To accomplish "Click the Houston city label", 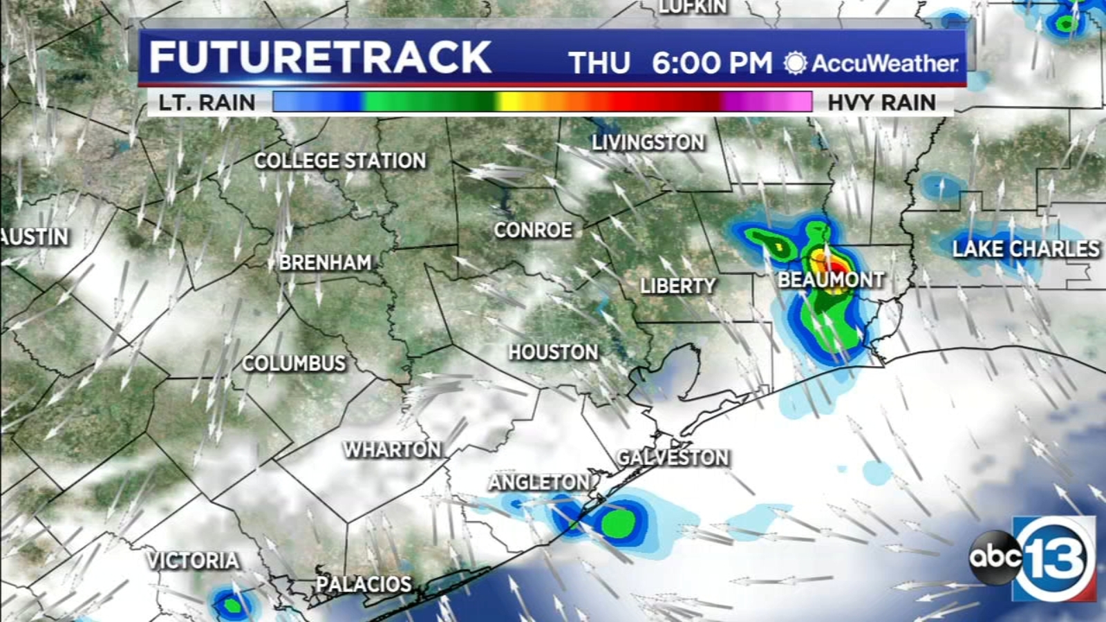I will tap(553, 352).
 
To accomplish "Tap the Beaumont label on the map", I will tap(831, 280).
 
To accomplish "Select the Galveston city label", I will tap(673, 458).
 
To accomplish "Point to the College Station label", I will tap(340, 161).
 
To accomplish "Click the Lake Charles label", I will tap(1026, 249).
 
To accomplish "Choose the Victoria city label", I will tap(193, 560).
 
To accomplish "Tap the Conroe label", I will tap(533, 230).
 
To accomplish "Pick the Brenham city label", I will tap(325, 263).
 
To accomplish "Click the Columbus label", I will tap(294, 364).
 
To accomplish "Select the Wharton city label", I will tap(393, 450).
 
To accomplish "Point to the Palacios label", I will tap(364, 584).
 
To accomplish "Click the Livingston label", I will tap(648, 143).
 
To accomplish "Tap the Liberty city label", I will tap(677, 286).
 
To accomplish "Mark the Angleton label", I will tap(540, 482).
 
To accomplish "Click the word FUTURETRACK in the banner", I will tap(320, 57).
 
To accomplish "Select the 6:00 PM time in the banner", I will tap(711, 64).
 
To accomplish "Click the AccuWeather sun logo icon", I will tap(795, 64).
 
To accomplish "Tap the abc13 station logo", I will tap(1033, 557).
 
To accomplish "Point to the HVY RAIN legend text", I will tap(881, 103).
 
